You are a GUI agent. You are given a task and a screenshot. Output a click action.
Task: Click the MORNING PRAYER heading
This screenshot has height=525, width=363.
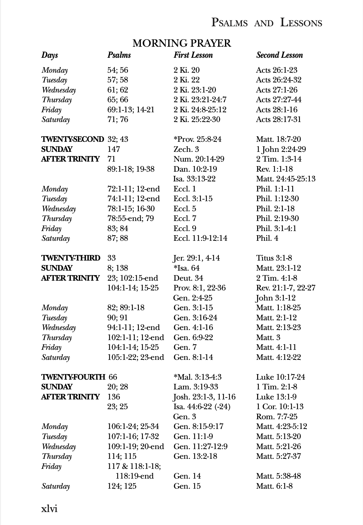181,43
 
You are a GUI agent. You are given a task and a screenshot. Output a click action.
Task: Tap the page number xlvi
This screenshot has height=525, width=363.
49,508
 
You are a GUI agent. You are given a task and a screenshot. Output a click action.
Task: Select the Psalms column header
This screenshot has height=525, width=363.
119,55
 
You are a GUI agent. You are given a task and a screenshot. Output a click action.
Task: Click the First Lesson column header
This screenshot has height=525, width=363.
193,55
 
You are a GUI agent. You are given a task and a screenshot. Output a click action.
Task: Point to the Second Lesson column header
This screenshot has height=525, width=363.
279,55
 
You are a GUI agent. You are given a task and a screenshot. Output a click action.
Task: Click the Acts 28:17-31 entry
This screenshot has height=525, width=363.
278,119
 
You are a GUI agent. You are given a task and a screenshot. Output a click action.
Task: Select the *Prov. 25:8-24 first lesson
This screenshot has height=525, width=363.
197,139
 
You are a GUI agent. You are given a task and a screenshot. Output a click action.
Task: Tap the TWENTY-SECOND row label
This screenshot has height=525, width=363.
72,139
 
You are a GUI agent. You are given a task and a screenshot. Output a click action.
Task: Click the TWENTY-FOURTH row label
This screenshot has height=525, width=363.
73,377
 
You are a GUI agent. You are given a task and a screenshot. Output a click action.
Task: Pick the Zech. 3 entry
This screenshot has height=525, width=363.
186,149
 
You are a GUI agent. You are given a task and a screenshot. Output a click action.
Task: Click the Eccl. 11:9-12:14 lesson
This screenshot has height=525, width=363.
200,238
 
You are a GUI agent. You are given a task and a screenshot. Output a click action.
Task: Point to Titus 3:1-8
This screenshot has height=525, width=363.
274,258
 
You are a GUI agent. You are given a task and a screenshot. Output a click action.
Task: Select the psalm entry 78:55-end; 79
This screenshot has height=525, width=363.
131,218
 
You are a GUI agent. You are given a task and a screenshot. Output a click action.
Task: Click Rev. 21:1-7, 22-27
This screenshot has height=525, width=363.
285,288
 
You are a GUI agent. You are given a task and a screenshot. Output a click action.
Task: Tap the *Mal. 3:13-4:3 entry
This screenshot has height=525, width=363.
197,377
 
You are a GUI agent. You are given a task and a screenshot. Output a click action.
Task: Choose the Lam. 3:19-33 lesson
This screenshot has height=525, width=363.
195,387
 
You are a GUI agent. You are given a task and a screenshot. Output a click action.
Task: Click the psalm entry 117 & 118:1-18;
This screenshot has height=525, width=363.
134,466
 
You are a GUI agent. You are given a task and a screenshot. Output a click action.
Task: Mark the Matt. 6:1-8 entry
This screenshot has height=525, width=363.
274,486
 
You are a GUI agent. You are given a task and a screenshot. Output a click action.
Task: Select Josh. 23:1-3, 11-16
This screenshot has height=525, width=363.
204,397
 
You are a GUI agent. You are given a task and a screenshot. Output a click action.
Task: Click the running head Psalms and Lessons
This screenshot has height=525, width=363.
267,23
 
